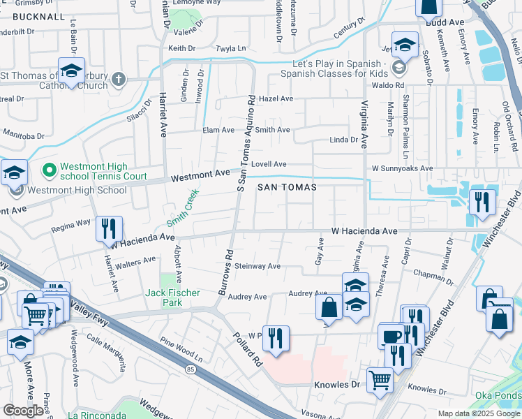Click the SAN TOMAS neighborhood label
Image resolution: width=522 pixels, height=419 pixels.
click(x=287, y=187)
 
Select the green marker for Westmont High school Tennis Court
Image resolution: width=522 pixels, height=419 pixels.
click(x=49, y=170)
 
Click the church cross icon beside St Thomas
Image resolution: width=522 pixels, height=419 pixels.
click(x=119, y=78)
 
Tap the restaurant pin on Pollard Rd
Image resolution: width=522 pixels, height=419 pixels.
click(x=275, y=339)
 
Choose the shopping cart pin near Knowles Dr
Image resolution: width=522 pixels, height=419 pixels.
click(x=380, y=381)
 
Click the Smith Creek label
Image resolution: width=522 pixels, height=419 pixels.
click(x=183, y=207)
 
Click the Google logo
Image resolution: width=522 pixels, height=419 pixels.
click(x=23, y=411)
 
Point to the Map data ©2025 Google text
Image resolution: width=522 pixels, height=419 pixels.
click(x=478, y=413)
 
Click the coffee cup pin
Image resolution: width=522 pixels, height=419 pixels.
click(x=391, y=337)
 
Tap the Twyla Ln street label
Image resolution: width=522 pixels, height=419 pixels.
click(x=213, y=49)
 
